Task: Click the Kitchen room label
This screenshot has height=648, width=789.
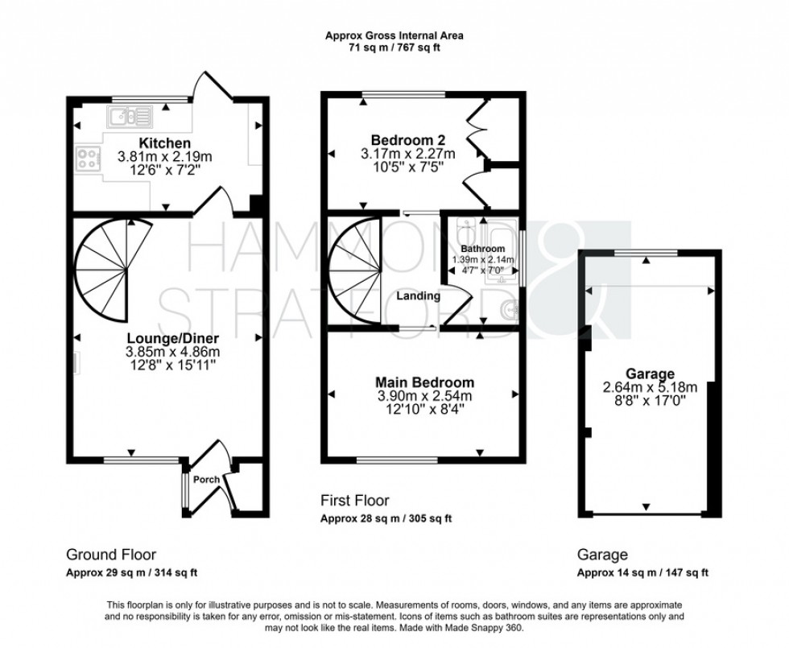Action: (x=164, y=143)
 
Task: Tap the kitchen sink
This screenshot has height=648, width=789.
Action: (x=130, y=117)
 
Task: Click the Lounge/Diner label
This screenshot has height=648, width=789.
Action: (x=172, y=337)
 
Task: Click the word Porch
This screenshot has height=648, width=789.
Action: (x=207, y=480)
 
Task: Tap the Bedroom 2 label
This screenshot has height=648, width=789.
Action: (x=408, y=140)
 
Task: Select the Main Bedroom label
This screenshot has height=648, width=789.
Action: (x=425, y=382)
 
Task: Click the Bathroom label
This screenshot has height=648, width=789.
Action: (x=483, y=249)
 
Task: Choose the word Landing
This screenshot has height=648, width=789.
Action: (x=418, y=296)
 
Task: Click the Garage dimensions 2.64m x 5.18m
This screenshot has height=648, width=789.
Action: (x=651, y=387)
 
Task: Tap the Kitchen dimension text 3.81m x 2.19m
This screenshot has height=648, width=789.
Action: (x=164, y=156)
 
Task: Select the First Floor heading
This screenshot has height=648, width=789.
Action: (x=355, y=501)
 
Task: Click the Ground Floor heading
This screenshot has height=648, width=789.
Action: (x=111, y=555)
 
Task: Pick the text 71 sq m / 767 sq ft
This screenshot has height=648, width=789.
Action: (x=394, y=48)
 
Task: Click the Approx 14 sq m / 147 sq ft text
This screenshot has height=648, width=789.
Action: (x=642, y=572)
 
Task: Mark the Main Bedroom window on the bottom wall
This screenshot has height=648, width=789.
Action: (x=397, y=460)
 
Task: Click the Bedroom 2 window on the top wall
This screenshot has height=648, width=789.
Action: (x=404, y=94)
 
